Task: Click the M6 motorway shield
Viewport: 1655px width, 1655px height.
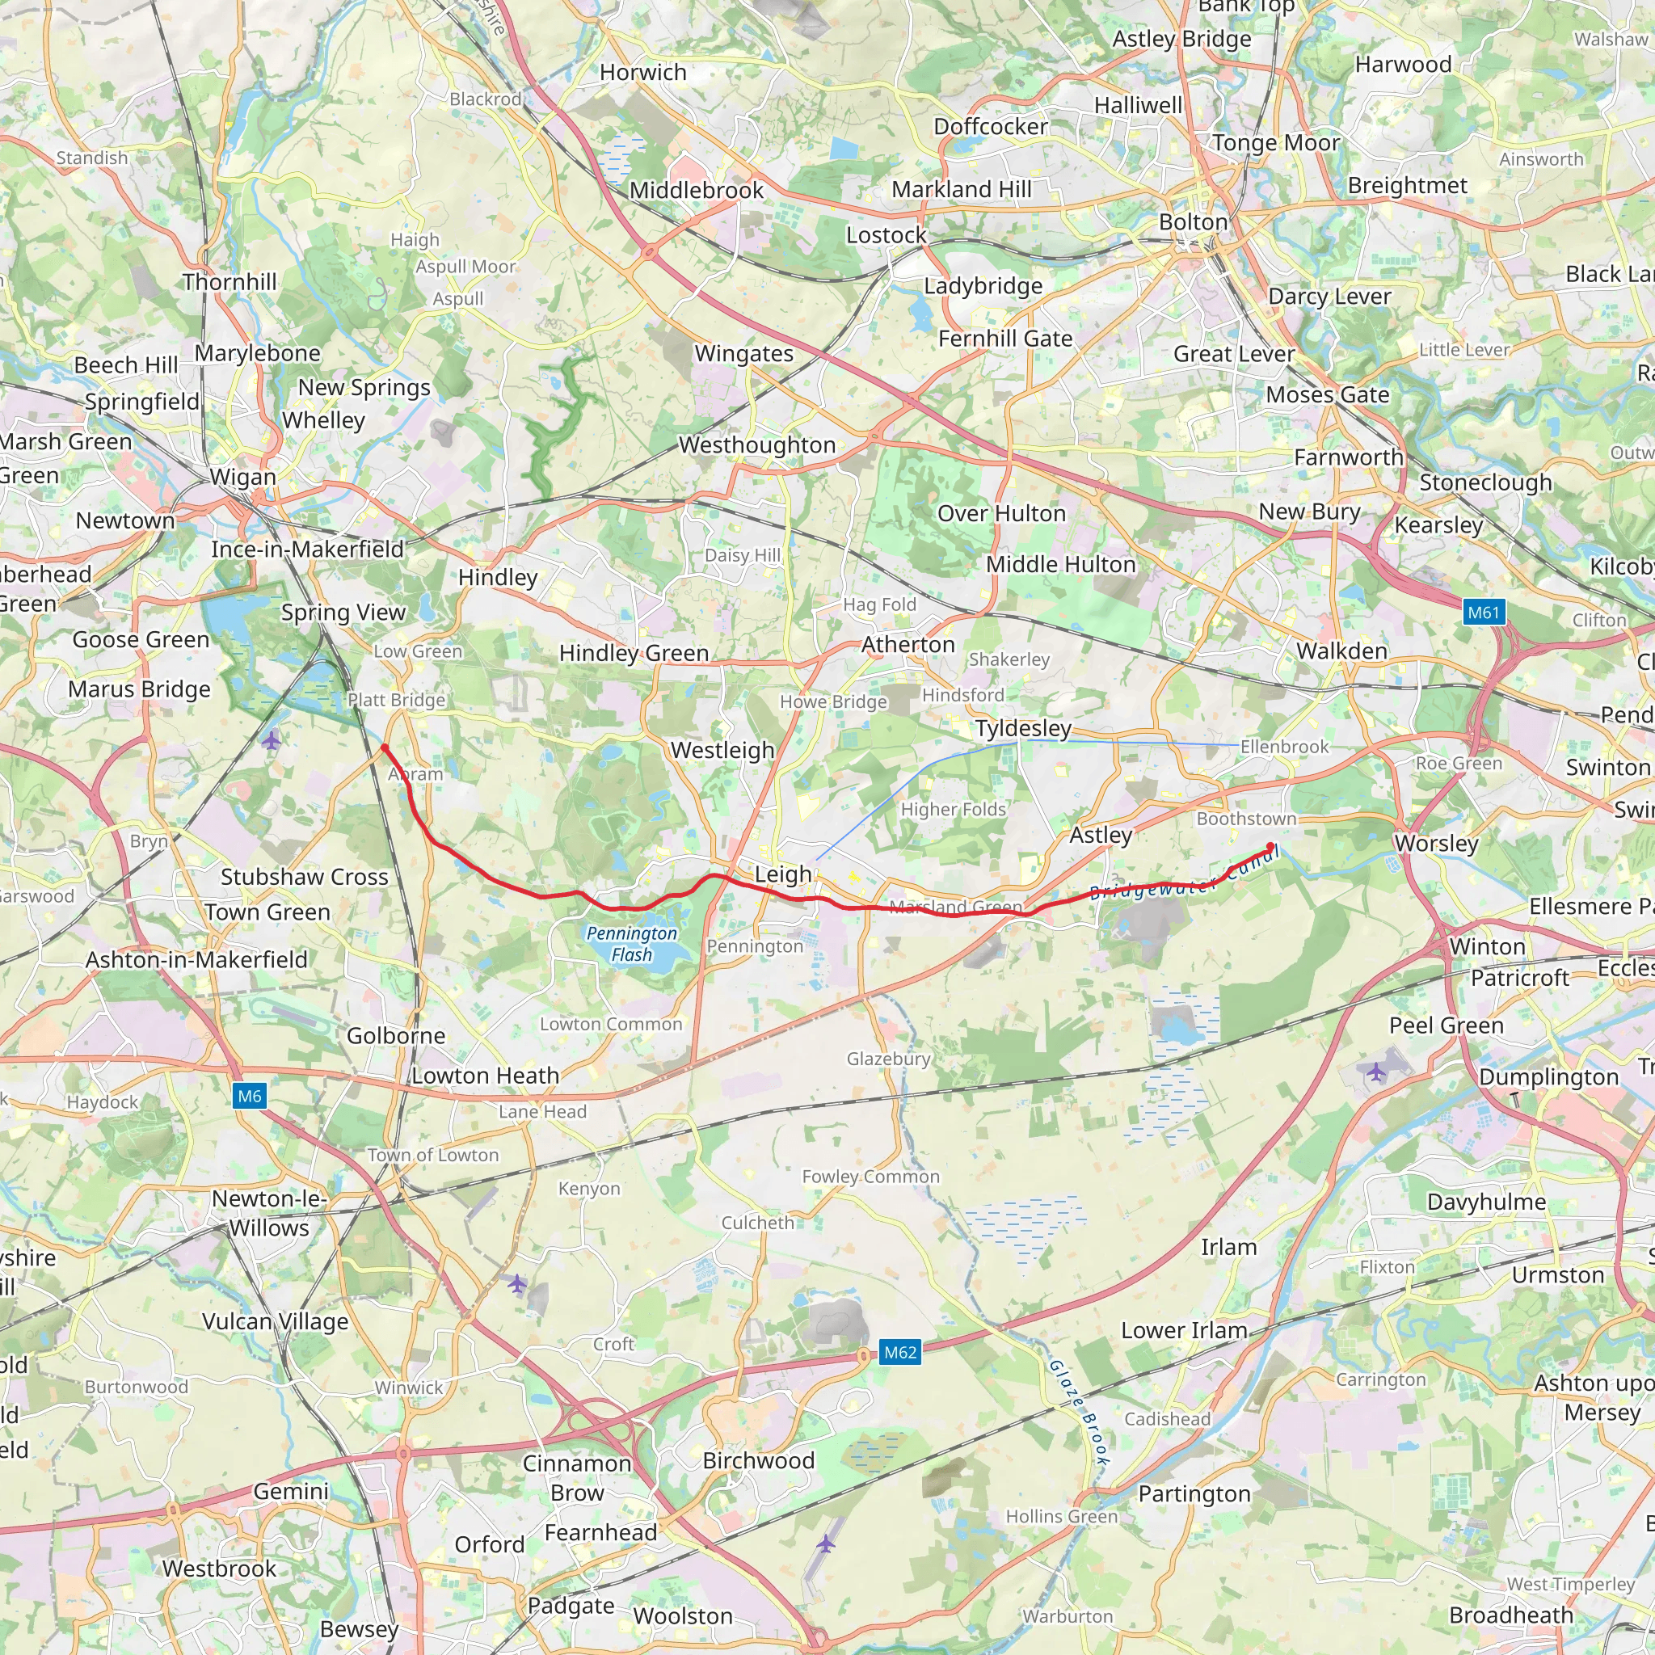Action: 249,1096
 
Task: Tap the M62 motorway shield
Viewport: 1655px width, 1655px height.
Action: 900,1353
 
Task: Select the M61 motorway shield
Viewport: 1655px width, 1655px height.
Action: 1484,613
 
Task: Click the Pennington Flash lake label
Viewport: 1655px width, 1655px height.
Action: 632,944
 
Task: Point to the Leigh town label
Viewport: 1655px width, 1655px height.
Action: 783,874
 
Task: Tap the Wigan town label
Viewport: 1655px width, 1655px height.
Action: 243,476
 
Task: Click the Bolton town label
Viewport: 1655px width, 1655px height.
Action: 1194,222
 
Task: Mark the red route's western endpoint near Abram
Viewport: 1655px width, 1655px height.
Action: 385,747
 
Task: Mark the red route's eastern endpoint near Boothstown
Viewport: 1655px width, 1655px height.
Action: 1270,847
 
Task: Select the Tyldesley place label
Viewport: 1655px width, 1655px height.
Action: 1023,728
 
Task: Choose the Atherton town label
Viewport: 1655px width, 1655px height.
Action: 908,644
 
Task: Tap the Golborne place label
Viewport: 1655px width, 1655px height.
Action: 396,1036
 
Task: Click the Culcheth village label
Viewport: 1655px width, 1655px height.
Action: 757,1223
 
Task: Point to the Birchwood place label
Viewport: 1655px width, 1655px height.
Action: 758,1459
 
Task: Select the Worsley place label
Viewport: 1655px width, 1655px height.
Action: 1437,843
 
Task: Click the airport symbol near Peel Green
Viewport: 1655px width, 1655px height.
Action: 1375,1072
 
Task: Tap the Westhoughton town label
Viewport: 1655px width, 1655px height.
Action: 757,444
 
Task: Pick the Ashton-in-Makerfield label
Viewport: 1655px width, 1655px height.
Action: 196,959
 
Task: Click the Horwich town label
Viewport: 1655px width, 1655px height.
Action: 642,72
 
